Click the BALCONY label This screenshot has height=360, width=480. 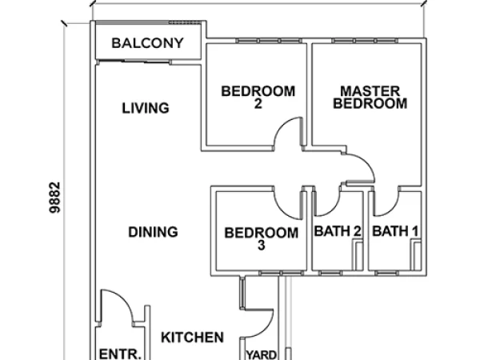[x=148, y=43]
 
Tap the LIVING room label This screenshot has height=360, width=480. [x=146, y=108]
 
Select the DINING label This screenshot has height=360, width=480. [x=153, y=233]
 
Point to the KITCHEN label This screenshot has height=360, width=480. [x=192, y=338]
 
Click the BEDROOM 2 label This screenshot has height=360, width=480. [x=258, y=97]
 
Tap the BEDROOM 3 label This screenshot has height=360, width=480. [x=261, y=239]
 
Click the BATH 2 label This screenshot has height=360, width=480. [x=338, y=232]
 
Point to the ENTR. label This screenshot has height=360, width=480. [x=120, y=353]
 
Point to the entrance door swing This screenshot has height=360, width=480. [x=112, y=307]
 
